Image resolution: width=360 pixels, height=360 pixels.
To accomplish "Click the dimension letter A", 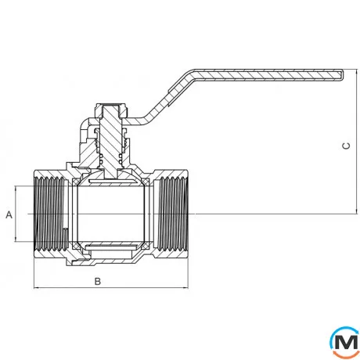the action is coord(9,214).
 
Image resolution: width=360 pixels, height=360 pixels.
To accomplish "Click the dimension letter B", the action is coord(97,281).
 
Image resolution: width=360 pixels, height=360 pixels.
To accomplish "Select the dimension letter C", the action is coord(346,146).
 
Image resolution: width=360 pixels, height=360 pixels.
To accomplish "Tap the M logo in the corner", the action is coord(344,342).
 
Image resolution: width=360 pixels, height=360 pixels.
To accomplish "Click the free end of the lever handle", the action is coord(342,74).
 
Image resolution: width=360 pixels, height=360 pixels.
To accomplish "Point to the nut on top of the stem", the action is coord(111,110).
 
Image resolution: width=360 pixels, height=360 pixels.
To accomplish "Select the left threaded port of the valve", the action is coord(49,214).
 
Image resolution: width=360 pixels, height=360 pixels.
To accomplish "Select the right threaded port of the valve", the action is coord(173,214).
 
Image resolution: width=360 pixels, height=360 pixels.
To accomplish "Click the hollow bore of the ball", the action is coord(111,214).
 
